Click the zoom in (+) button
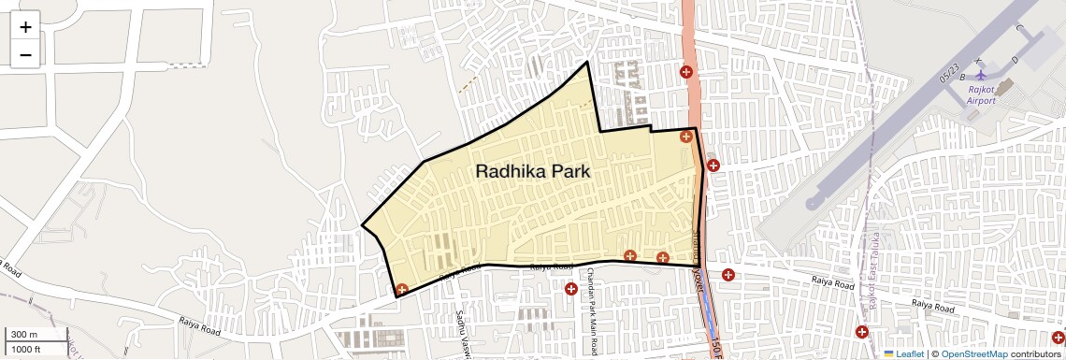click(x=25, y=27)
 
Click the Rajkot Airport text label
click(x=981, y=94)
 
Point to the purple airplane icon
click(x=980, y=74)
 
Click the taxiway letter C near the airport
click(x=1018, y=28)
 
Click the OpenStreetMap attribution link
click(x=974, y=353)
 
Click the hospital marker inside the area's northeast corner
click(x=686, y=137)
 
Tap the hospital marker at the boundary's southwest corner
click(x=402, y=290)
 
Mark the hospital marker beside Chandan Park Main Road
click(x=570, y=289)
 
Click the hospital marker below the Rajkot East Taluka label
click(x=862, y=332)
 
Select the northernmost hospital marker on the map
click(x=685, y=71)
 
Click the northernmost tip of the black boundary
click(x=587, y=62)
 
